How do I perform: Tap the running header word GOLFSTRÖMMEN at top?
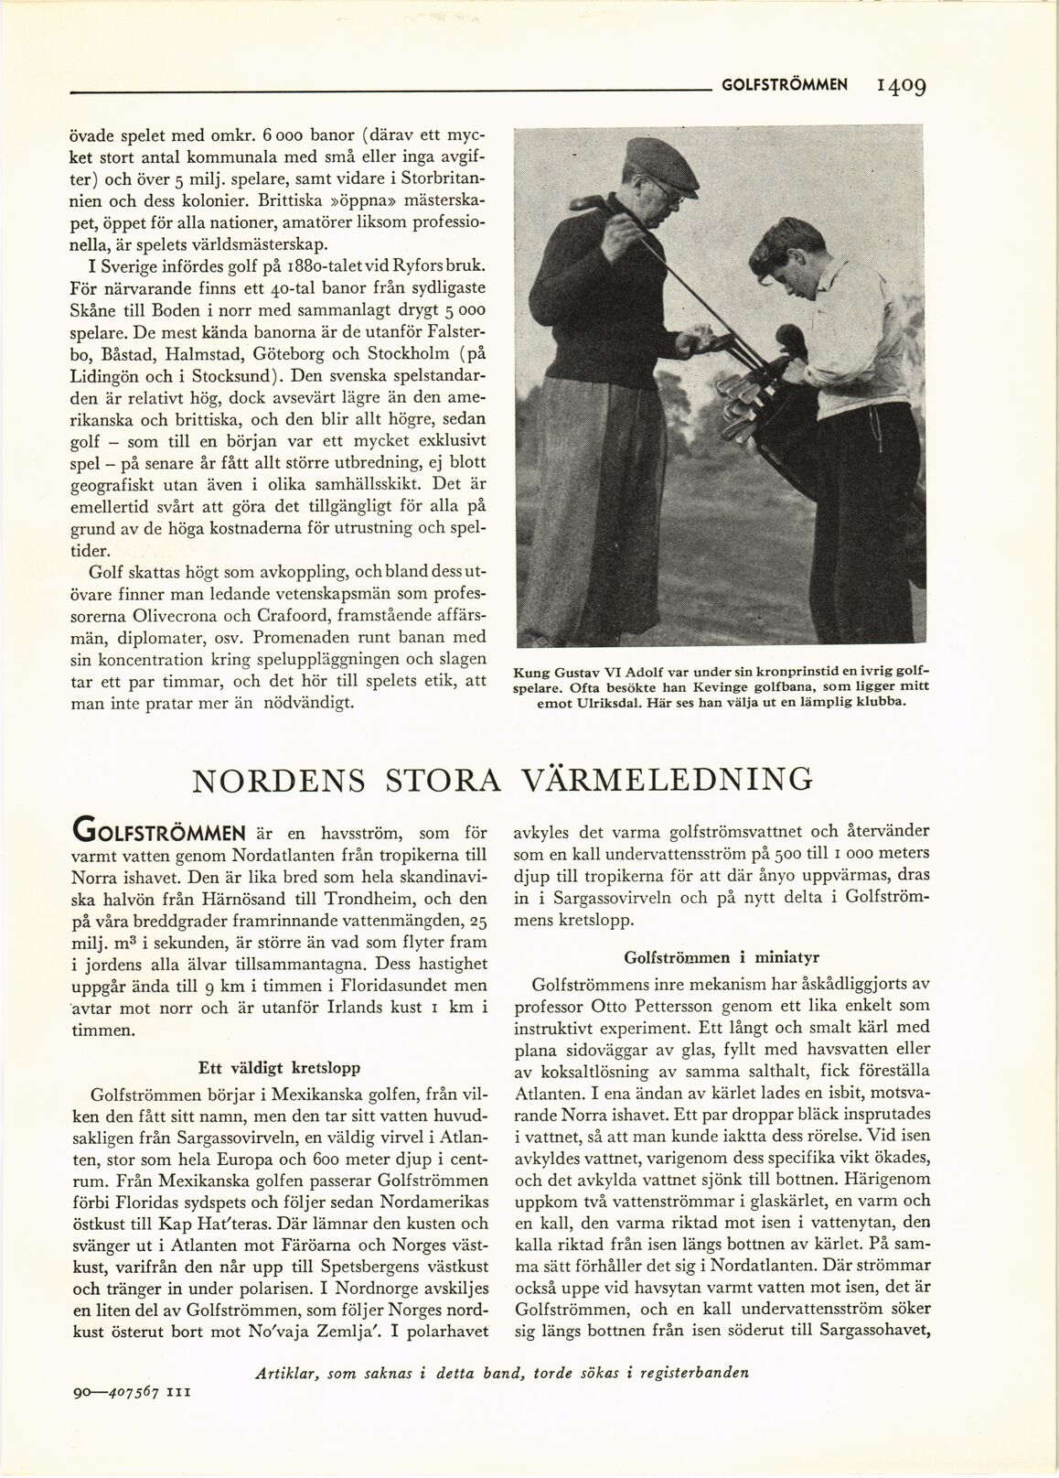point(785,85)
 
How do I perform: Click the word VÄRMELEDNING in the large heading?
point(667,780)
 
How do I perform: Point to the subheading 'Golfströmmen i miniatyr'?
point(707,957)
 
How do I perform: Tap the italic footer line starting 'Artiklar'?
point(503,1373)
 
